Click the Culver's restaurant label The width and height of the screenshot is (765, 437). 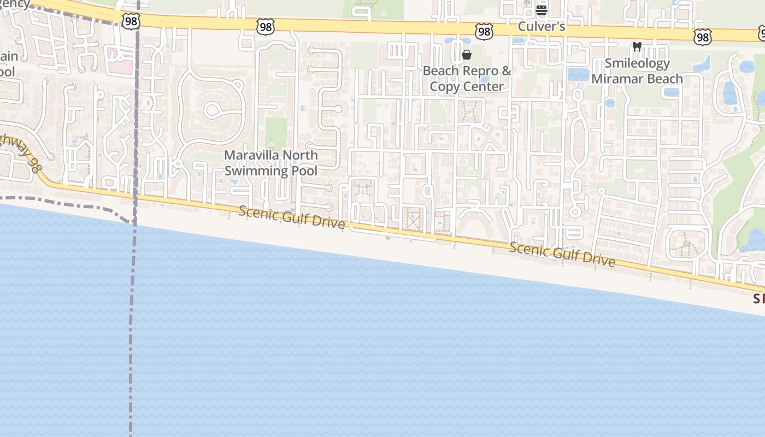(541, 27)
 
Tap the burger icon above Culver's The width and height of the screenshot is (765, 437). (542, 10)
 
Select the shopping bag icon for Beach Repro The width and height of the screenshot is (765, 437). (467, 55)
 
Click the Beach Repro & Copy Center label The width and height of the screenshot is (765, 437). (467, 79)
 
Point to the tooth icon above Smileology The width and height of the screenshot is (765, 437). (637, 47)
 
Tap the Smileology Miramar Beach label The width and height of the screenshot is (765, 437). (637, 71)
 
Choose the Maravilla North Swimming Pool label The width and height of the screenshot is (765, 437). (271, 163)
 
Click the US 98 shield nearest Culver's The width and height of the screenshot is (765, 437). (484, 32)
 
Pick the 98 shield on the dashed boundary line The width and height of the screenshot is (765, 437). (132, 21)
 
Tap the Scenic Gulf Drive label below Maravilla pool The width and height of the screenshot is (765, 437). (292, 217)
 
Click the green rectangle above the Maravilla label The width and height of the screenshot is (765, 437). (276, 133)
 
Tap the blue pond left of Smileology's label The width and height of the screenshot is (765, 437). (579, 74)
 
